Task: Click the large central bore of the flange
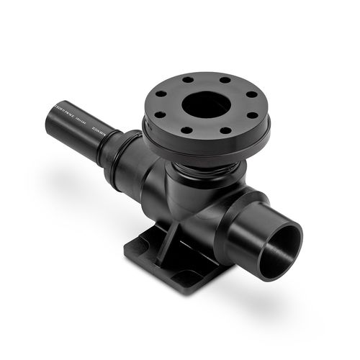(205, 106)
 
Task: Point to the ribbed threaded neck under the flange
(209, 174)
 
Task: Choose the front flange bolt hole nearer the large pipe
(225, 132)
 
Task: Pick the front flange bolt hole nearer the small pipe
(186, 130)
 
